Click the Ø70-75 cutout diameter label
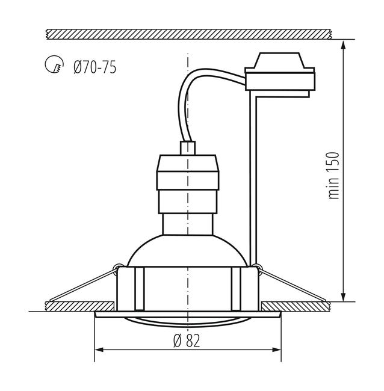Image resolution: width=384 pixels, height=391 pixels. tap(95, 67)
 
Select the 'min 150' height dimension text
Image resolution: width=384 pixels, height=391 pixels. tap(334, 175)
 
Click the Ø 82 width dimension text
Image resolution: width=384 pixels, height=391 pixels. tap(187, 340)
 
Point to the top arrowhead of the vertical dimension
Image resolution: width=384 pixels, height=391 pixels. tap(343, 45)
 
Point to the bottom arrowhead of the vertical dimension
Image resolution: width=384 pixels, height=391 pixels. tap(343, 297)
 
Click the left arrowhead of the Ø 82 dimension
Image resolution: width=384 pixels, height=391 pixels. tap(99, 349)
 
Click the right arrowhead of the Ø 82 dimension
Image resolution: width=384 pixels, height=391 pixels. tap(276, 349)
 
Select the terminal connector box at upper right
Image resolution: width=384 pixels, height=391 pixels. tap(280, 75)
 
